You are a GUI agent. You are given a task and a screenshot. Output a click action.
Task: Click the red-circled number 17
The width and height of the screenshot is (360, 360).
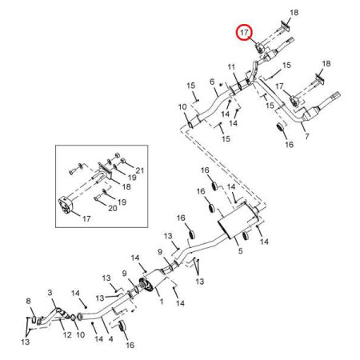244,33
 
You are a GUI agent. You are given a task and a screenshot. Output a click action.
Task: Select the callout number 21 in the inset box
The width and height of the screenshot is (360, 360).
140,170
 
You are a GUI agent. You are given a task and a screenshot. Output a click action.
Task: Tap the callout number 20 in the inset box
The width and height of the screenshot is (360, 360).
113,208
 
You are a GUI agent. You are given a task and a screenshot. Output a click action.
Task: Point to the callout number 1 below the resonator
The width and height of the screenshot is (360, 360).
162,302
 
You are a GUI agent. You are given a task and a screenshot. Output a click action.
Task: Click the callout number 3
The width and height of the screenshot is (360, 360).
50,293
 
